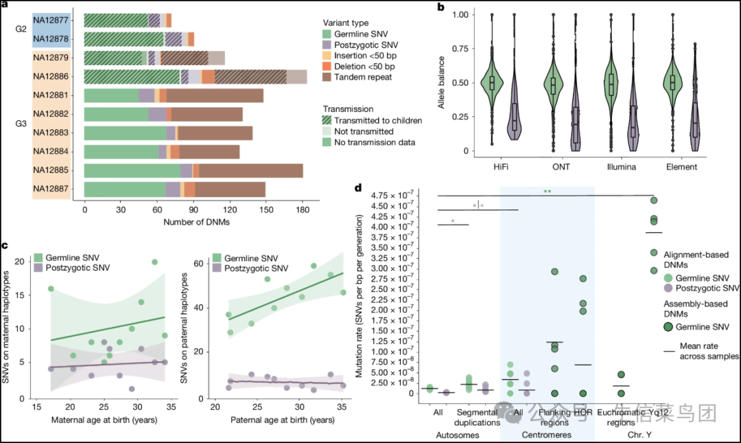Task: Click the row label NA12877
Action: [51, 20]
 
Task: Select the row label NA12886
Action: [51, 77]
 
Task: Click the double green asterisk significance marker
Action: [547, 192]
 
